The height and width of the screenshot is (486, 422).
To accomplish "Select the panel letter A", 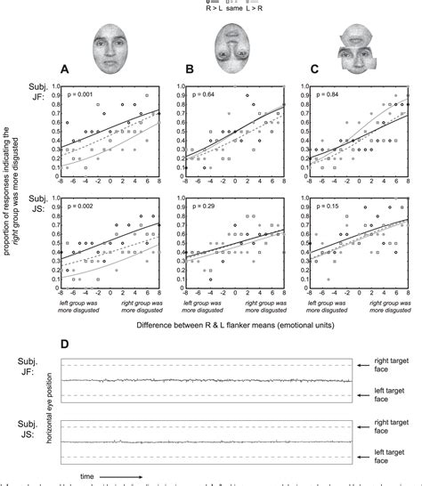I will point(65,69).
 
